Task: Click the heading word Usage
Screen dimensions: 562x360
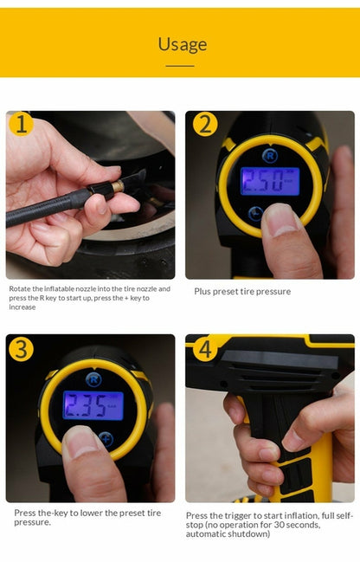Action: tap(182, 44)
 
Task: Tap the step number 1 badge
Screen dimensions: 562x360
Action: tap(22, 125)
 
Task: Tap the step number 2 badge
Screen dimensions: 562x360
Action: tap(203, 125)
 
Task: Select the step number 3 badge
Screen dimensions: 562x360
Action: tap(22, 349)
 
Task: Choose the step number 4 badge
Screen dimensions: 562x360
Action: tap(203, 349)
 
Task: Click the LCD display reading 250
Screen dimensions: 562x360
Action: tap(269, 181)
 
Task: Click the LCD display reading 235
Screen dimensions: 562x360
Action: tap(93, 404)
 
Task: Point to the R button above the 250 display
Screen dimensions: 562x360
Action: tap(268, 156)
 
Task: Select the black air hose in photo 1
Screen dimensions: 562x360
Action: tap(48, 209)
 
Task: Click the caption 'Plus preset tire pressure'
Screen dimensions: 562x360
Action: tap(242, 292)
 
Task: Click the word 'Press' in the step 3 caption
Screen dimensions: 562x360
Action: tap(26, 513)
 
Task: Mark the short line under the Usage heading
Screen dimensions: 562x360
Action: tap(180, 65)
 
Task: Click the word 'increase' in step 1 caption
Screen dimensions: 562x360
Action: tap(22, 307)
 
